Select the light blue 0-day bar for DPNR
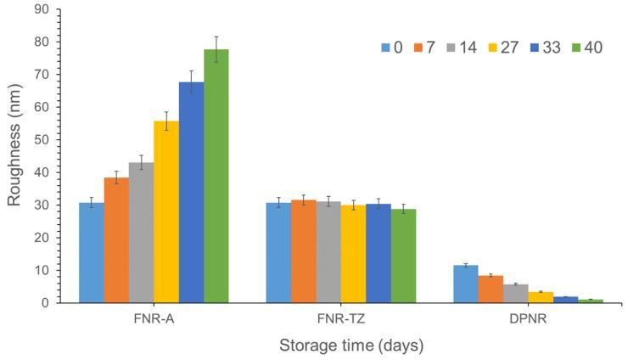pyautogui.click(x=466, y=284)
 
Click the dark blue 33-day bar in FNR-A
pyautogui.click(x=191, y=192)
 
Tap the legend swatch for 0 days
pyautogui.click(x=386, y=47)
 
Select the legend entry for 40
pyautogui.click(x=598, y=47)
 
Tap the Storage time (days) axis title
pyautogui.click(x=352, y=346)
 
